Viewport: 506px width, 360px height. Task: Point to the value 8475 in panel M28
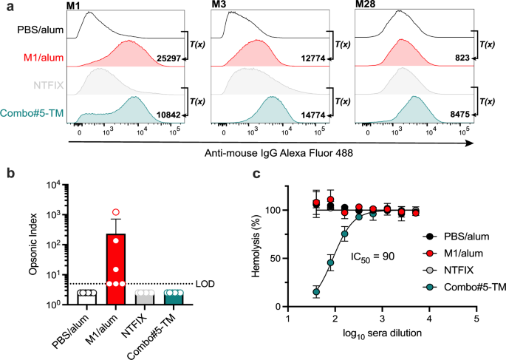(441, 115)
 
